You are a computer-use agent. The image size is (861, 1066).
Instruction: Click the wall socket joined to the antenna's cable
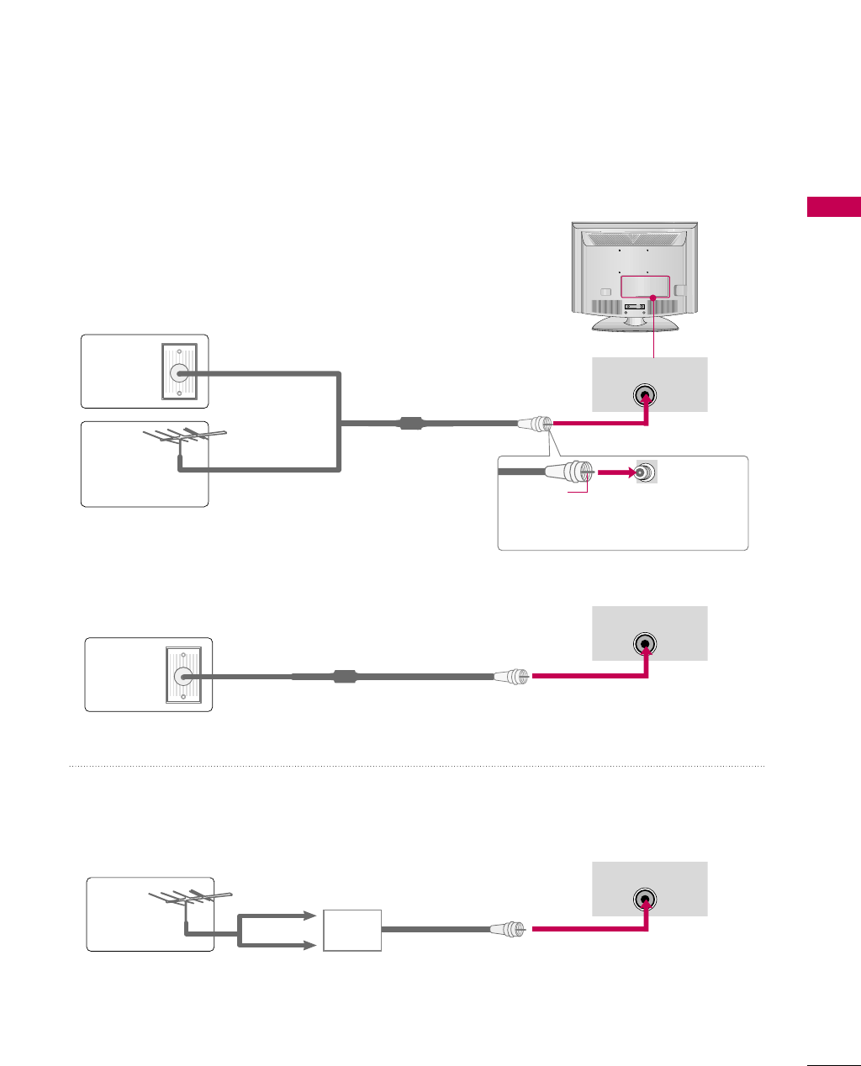[179, 372]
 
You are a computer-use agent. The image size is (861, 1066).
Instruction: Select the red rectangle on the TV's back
[645, 286]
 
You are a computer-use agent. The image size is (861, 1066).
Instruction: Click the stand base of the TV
[635, 324]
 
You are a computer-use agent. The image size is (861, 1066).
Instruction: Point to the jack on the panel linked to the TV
[645, 395]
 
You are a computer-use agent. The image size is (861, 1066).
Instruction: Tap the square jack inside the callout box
[646, 472]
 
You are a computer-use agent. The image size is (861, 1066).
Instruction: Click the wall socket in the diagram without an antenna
[183, 675]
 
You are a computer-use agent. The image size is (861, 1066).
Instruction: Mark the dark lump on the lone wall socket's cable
[345, 675]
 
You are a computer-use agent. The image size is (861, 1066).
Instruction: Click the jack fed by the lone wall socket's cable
[645, 644]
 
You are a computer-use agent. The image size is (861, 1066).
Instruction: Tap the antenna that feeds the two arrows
[189, 899]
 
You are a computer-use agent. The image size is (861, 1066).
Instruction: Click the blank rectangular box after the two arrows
[352, 930]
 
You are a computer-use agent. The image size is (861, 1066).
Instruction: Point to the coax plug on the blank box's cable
[510, 930]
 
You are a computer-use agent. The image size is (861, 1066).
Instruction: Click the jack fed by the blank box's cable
[645, 900]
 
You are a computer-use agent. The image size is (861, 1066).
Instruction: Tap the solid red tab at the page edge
[833, 207]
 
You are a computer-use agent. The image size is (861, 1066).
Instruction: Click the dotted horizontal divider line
[416, 766]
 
